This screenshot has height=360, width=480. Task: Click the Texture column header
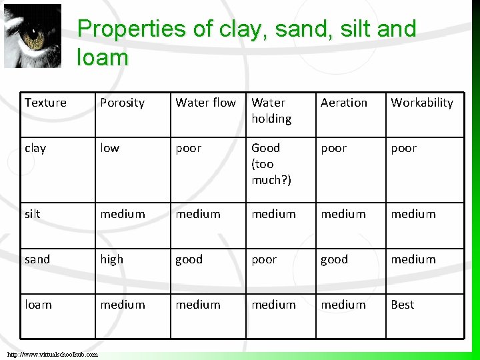point(45,103)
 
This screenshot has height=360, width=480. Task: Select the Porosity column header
point(122,103)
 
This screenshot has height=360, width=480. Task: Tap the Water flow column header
point(205,103)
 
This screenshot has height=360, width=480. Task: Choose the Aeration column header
point(343,103)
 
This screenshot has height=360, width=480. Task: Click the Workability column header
point(421,103)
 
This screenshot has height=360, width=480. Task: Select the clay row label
point(35,148)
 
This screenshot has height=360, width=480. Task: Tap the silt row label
point(32,214)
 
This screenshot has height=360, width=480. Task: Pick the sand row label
point(37,259)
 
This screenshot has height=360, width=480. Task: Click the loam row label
point(38,305)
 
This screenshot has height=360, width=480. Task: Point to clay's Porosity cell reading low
point(109,148)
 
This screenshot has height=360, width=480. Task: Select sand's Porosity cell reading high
point(111,259)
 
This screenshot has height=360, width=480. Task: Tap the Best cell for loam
point(402,305)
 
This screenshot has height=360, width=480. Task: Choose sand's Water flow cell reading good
point(189,259)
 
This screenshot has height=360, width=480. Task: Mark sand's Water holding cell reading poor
point(264,259)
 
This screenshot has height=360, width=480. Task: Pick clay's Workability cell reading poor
point(403,148)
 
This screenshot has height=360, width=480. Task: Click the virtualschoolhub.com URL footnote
point(53,354)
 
